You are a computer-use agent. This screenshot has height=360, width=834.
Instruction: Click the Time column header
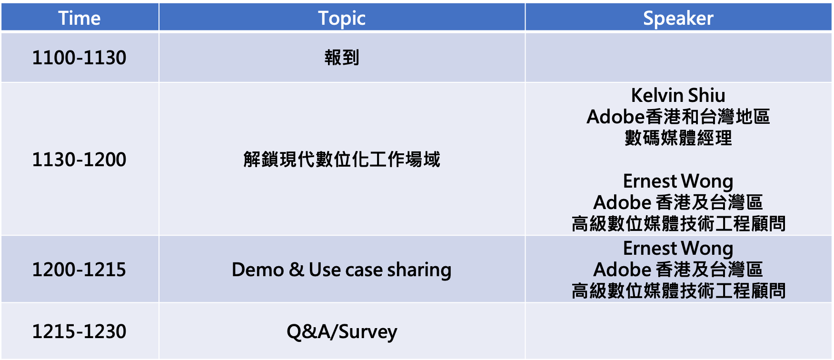(x=79, y=18)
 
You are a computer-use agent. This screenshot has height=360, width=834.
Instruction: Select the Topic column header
(x=342, y=19)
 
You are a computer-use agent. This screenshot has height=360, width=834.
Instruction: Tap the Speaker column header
(x=678, y=19)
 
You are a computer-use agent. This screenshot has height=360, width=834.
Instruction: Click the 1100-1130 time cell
(x=79, y=58)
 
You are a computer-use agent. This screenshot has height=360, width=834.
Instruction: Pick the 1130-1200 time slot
(x=79, y=160)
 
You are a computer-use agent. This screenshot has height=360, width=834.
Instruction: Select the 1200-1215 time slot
(x=79, y=270)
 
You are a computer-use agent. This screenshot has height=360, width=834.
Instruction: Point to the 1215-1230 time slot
(x=79, y=331)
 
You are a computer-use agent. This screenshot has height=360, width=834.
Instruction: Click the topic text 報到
(x=342, y=58)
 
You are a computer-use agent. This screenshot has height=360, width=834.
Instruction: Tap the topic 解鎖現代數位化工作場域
(x=342, y=160)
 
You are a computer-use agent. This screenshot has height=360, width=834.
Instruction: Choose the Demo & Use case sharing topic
(x=342, y=270)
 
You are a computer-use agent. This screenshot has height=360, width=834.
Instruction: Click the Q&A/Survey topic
(x=342, y=332)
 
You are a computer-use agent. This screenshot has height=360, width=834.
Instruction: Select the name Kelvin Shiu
(x=678, y=95)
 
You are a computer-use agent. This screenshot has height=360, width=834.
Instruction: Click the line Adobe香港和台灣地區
(x=678, y=117)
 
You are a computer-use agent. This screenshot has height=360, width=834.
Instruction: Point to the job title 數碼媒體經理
(x=678, y=138)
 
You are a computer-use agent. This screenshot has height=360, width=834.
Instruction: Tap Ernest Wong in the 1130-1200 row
(x=678, y=181)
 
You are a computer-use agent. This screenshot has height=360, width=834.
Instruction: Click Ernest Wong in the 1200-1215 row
(x=678, y=249)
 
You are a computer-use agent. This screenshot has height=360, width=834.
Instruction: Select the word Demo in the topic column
(x=258, y=270)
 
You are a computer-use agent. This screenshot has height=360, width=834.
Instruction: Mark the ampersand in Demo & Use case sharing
(x=296, y=270)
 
